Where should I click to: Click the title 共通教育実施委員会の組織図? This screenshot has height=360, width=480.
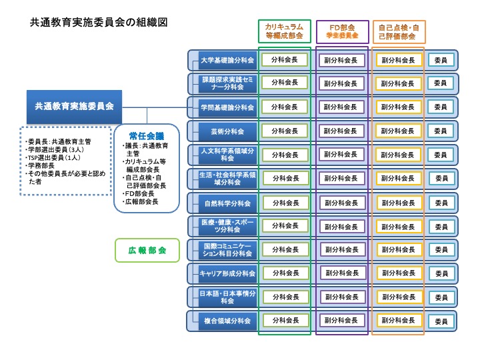[99, 22]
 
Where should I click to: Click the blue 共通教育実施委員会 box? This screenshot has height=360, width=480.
[75, 106]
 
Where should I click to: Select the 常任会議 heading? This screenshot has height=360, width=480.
[147, 135]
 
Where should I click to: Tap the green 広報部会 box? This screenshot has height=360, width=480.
[147, 251]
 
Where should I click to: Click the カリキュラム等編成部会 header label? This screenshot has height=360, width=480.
[284, 31]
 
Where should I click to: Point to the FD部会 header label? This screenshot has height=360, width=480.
[342, 31]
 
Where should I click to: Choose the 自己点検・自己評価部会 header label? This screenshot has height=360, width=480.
[399, 31]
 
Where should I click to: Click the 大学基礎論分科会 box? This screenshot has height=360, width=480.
[227, 60]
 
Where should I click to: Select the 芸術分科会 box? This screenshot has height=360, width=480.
[227, 131]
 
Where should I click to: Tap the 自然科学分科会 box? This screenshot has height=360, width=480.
[227, 203]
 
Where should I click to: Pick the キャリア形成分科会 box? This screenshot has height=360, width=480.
[227, 273]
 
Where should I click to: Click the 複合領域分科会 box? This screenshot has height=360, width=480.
[227, 321]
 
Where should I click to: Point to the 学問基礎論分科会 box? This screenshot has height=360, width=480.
[227, 107]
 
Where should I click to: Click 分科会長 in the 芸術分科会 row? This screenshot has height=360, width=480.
[284, 131]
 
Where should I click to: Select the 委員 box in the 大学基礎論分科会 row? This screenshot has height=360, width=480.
[441, 59]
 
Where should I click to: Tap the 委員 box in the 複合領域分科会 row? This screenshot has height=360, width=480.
[441, 321]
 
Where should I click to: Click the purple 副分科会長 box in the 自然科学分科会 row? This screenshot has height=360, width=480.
[341, 202]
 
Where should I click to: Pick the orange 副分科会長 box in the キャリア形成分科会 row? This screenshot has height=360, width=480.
[399, 273]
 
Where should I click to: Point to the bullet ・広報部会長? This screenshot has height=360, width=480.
[141, 201]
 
